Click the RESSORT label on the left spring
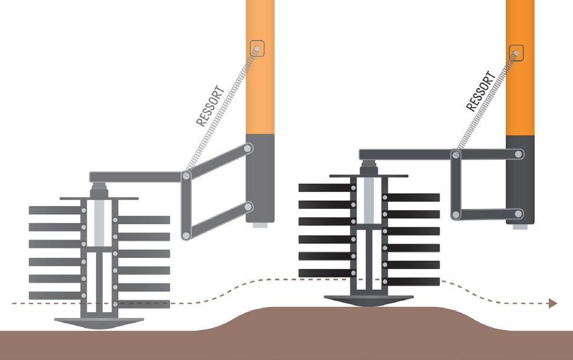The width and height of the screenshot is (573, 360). tap(210, 107)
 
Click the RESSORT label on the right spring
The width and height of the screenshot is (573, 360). tap(479, 91)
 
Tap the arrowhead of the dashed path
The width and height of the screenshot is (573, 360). tap(553, 303)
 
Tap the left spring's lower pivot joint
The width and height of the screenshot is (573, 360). tap(186, 175)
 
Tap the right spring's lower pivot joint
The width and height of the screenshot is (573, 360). tap(456, 155)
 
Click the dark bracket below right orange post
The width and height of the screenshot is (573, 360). tap(520, 180)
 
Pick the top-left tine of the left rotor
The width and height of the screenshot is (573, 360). tap(54, 210)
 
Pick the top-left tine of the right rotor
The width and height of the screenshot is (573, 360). tap(325, 188)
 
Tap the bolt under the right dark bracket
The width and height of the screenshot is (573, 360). tap(520, 227)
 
